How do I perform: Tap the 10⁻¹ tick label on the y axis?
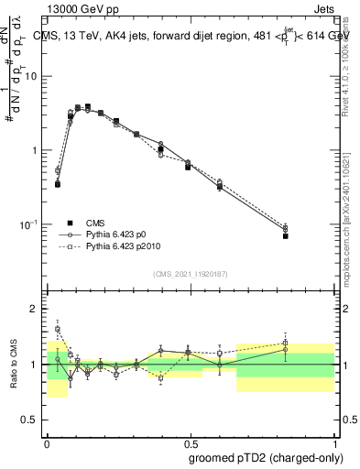(x=28, y=225)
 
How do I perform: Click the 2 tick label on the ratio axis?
(x=35, y=309)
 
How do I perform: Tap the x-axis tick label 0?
(x=47, y=442)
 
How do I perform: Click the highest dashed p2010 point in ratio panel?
(x=58, y=329)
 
